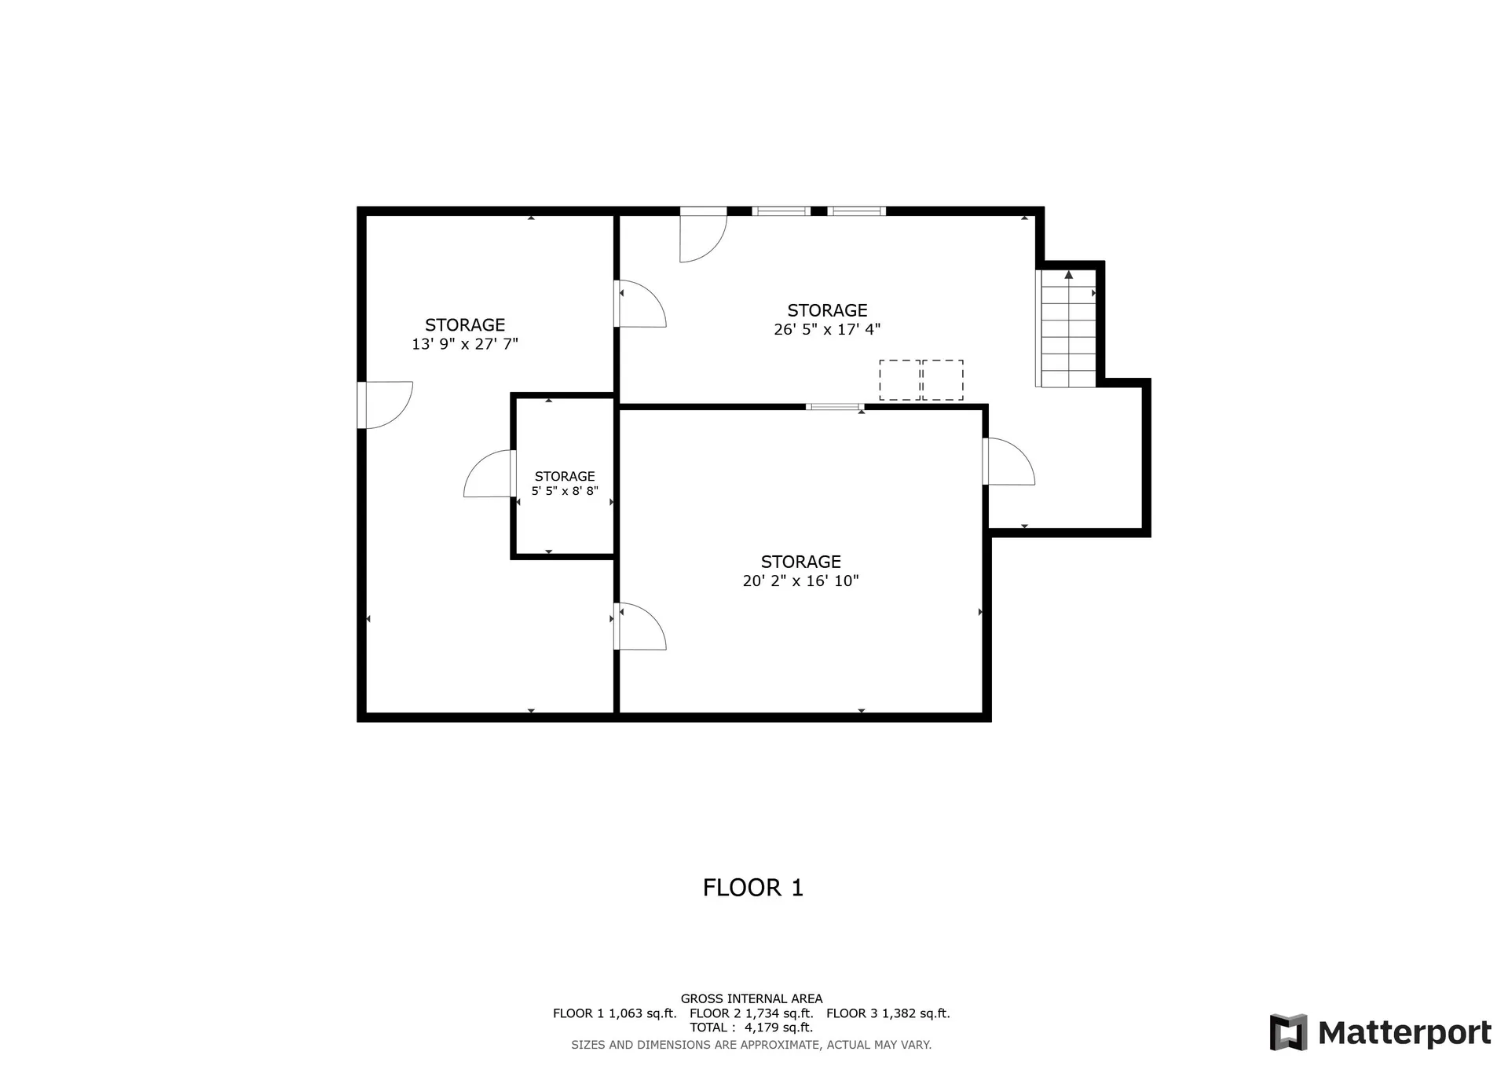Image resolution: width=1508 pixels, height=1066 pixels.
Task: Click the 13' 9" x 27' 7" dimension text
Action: click(465, 344)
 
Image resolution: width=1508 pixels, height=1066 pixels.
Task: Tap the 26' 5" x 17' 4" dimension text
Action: click(827, 330)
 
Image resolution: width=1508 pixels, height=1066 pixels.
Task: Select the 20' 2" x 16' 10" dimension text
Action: click(800, 581)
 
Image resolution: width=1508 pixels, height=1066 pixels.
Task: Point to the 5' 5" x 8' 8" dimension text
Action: click(565, 492)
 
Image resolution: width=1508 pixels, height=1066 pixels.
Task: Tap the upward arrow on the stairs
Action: click(1068, 275)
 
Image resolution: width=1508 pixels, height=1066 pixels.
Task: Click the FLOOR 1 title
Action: click(752, 888)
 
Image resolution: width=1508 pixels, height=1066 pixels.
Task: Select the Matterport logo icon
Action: click(1288, 1032)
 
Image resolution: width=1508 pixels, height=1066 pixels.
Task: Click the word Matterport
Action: click(1404, 1033)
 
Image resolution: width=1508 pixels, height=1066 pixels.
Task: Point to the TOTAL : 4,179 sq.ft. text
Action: click(751, 1028)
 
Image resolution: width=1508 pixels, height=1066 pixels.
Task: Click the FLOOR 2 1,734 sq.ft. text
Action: click(751, 1013)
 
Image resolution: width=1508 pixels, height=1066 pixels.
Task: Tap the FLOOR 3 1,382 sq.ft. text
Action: click(888, 1013)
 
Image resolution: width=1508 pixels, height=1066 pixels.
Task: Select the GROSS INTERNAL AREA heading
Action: click(752, 999)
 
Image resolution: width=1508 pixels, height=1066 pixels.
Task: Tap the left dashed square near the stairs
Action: click(899, 380)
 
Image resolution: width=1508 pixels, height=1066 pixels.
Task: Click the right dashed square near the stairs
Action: click(942, 380)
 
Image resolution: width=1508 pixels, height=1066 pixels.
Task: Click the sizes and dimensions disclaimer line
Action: click(751, 1045)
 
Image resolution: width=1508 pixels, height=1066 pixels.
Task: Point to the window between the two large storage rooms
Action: click(835, 407)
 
